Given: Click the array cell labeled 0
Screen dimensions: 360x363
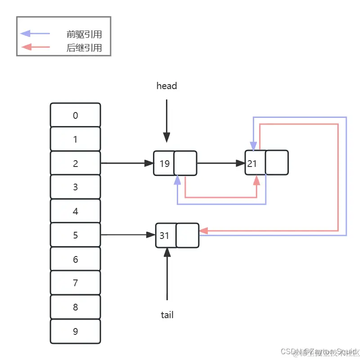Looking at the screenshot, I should point(75,115).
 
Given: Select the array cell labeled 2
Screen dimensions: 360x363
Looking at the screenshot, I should point(75,163).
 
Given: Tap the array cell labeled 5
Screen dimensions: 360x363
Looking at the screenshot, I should point(75,235).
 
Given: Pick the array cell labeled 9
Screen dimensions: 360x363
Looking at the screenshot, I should point(75,331).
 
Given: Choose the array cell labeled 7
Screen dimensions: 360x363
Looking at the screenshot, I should point(75,283).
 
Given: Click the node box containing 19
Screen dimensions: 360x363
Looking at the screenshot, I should point(164,163).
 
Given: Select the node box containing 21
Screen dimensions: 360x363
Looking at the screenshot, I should point(255,163).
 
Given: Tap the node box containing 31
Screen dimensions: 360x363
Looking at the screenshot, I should point(165,235).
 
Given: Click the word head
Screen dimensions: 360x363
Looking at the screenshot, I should point(166,85).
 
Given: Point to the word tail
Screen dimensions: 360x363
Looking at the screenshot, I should point(167,315).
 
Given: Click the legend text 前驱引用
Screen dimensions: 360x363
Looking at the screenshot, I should point(84,34).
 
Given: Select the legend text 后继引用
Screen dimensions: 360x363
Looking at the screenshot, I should point(84,48).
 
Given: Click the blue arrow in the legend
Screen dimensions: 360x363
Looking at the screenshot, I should point(35,33).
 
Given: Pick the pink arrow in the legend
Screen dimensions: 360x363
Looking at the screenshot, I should point(35,47).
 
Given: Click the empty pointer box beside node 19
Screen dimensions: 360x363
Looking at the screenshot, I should point(185,163).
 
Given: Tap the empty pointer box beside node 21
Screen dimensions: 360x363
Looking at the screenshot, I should point(277,163).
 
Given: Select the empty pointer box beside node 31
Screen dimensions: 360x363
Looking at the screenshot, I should point(187,235).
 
